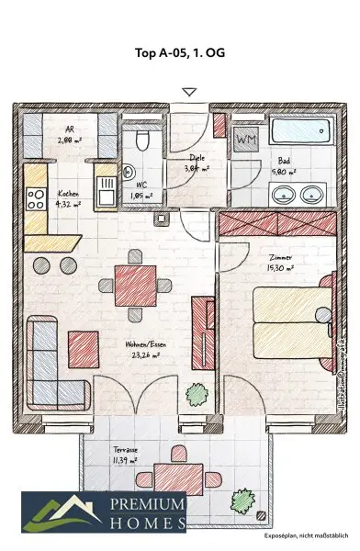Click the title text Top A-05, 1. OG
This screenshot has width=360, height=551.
tap(180, 52)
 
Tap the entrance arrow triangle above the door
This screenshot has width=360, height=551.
tap(189, 92)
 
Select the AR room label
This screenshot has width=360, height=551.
tap(70, 135)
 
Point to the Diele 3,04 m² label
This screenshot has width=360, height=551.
tap(194, 163)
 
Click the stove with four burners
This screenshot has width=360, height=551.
tap(36, 197)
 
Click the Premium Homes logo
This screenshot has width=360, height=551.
tap(105, 512)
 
